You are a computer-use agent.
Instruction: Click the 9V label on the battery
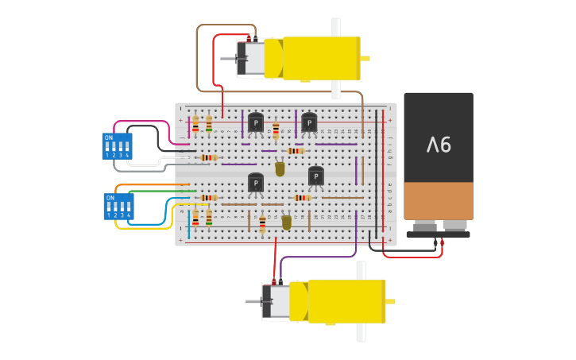point(439,145)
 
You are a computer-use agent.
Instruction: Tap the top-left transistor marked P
point(256,122)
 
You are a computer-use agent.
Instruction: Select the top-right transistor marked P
point(309,122)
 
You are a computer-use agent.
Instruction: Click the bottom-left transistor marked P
point(256,183)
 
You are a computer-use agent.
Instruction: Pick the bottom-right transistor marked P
point(315,176)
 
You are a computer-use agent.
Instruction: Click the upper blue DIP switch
point(117,146)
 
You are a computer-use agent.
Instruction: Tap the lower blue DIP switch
point(118,207)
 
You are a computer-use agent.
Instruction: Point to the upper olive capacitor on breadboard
point(280,168)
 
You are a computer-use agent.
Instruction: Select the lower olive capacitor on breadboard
point(287,223)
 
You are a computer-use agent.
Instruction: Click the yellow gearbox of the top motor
point(321,59)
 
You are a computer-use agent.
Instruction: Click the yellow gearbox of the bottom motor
point(346,301)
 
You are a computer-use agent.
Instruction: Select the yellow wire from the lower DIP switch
point(143,228)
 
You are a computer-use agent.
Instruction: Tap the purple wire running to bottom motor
point(318,257)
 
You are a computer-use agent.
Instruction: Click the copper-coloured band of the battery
point(439,201)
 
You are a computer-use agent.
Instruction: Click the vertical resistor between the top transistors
point(276,131)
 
